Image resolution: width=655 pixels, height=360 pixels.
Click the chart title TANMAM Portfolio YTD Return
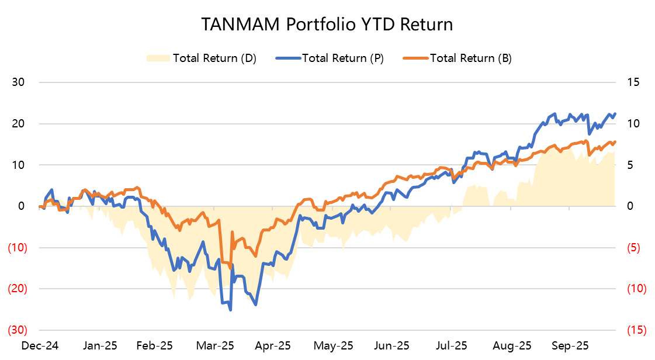[x=327, y=25]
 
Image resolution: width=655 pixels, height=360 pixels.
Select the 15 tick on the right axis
[x=635, y=82]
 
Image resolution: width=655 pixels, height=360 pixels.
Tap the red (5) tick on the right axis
[x=634, y=248]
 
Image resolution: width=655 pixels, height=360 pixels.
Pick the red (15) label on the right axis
[x=635, y=330]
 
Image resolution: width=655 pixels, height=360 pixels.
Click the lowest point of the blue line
[x=230, y=310]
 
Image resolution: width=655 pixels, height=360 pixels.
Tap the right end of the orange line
[x=615, y=141]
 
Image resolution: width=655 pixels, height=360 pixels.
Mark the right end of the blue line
[x=615, y=114]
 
